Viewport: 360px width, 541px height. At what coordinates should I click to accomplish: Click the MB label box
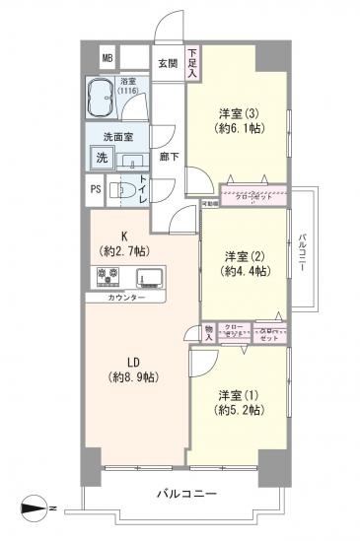coord(108,58)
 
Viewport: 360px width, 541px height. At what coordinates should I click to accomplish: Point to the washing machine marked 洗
coord(102,158)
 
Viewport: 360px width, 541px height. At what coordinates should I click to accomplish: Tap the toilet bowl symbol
coord(122,191)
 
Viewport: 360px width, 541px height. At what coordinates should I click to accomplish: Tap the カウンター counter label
coord(123,297)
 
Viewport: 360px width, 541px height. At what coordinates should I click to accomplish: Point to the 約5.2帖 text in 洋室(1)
coord(240,410)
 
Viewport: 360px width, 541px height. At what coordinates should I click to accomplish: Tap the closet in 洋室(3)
coord(252,195)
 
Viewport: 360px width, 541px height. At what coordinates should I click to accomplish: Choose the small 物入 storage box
coord(209,332)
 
